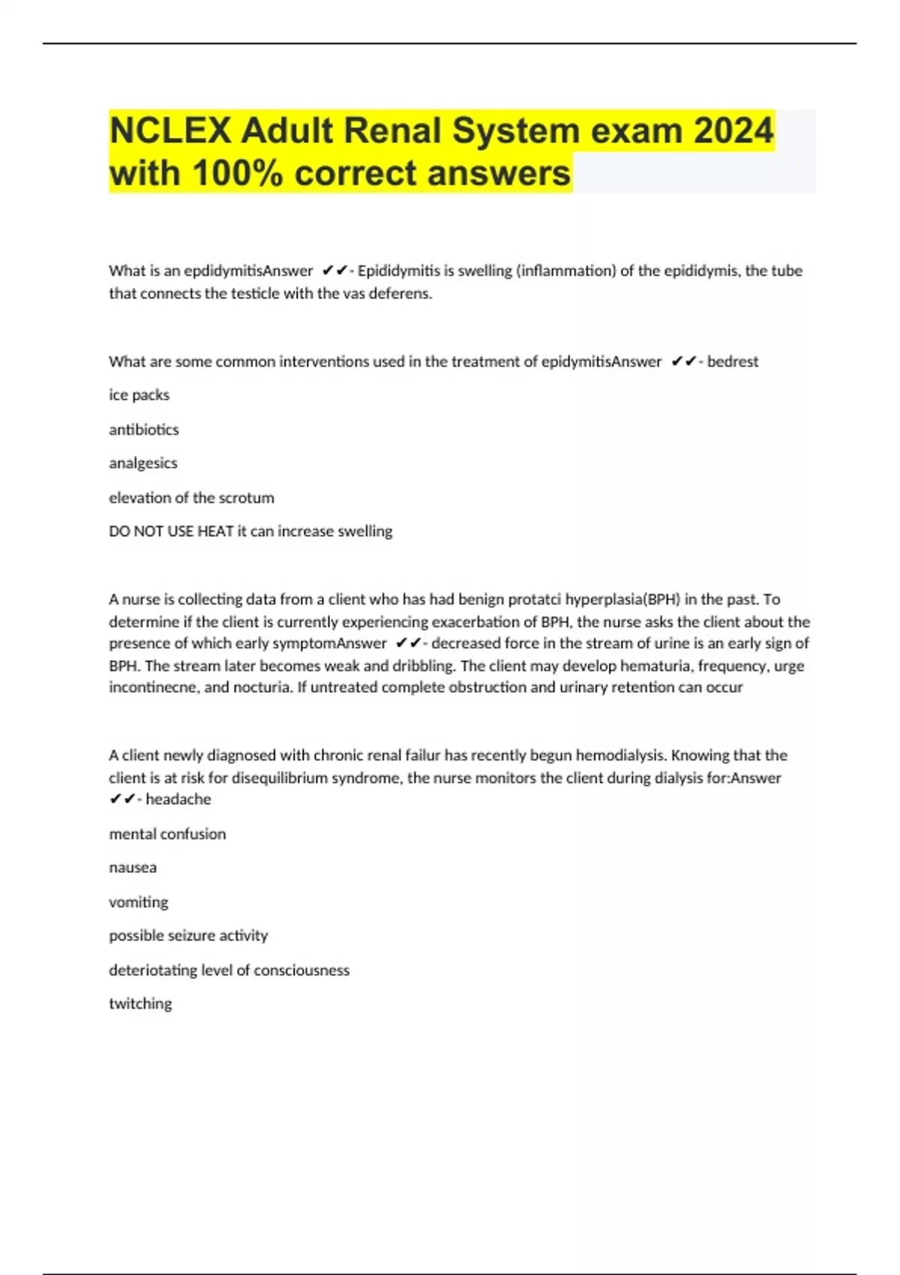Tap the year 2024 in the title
point(733,130)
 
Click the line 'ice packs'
point(139,395)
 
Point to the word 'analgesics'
point(143,463)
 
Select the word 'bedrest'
point(733,361)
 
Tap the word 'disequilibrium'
point(277,778)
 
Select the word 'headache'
point(178,799)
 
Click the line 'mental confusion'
point(167,834)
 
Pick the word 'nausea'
point(133,868)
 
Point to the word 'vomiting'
point(139,902)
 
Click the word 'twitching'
point(140,1003)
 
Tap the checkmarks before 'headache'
point(121,799)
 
